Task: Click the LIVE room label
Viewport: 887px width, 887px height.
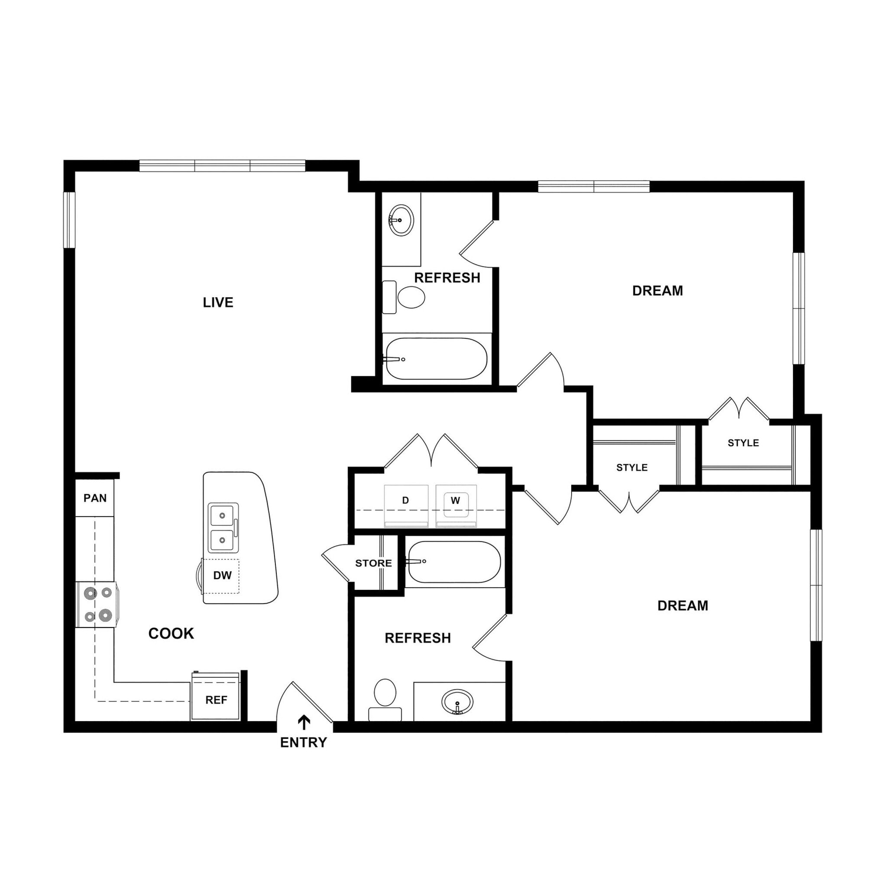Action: point(218,303)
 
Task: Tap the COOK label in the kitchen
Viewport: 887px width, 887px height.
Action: point(171,634)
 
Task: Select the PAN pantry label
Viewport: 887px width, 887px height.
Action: point(95,498)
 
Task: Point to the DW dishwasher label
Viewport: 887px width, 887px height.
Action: point(222,575)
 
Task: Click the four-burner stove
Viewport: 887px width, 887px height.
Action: point(97,604)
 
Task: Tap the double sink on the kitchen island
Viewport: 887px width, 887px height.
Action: point(223,528)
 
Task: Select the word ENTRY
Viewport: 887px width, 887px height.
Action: point(304,742)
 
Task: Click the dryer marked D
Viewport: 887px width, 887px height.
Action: point(406,505)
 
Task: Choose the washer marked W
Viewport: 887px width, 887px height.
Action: point(456,505)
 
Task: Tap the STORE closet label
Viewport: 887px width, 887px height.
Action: point(373,563)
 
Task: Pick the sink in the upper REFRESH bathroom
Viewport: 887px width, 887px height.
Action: point(401,220)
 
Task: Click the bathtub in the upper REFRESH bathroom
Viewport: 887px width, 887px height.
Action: point(436,359)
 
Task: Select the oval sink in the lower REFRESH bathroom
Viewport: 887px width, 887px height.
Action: point(457,702)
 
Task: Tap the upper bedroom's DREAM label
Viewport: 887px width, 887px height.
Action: point(657,291)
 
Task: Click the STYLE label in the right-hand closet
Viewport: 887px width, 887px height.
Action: point(743,443)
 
